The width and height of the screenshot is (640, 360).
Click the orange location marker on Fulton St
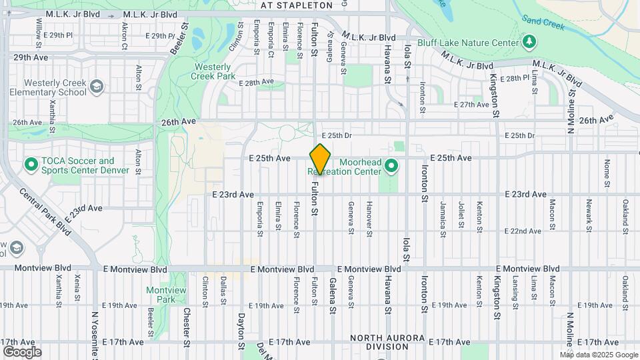[x=320, y=159]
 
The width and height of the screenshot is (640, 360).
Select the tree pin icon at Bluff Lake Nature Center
[x=529, y=43]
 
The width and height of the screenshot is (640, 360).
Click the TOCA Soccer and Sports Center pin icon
[x=31, y=164]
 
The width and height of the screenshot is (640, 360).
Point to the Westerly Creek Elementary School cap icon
[x=97, y=87]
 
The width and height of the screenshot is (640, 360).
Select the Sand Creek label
[x=543, y=23]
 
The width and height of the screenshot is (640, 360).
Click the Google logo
[x=22, y=351]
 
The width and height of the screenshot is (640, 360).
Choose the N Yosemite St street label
[x=94, y=330]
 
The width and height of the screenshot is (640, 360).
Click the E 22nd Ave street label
[x=523, y=231]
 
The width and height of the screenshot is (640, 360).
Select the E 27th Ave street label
[x=471, y=105]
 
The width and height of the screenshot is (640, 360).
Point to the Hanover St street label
[x=369, y=218]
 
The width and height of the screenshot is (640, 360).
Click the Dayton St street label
[x=241, y=327]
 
